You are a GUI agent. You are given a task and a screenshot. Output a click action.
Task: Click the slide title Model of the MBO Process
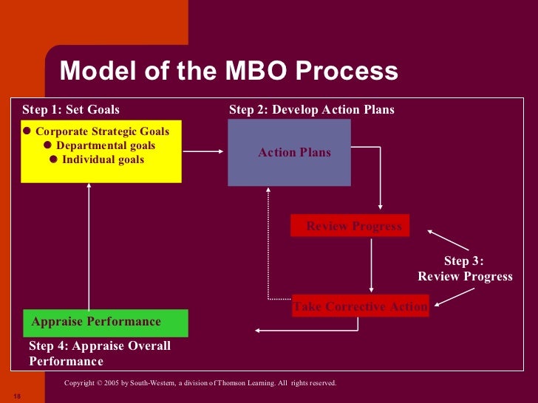click(228, 72)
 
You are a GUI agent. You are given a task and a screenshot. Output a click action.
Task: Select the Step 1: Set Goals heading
click(71, 110)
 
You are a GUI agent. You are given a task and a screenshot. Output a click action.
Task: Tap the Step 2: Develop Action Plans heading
click(311, 110)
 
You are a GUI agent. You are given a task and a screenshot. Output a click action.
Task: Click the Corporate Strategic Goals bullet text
click(102, 131)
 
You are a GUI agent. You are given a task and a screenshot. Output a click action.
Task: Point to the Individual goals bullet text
click(103, 159)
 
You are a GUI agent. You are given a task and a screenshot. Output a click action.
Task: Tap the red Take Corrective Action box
click(360, 306)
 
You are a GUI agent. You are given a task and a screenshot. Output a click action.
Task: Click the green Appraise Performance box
click(106, 322)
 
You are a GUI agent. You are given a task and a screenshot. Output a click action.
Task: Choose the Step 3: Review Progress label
click(464, 269)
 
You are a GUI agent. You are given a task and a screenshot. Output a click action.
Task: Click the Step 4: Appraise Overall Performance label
click(100, 354)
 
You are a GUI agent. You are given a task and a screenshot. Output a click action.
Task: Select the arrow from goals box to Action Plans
click(203, 152)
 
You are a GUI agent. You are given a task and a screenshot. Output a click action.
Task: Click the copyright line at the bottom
click(200, 383)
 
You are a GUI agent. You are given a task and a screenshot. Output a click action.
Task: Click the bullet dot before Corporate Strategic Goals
click(27, 131)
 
